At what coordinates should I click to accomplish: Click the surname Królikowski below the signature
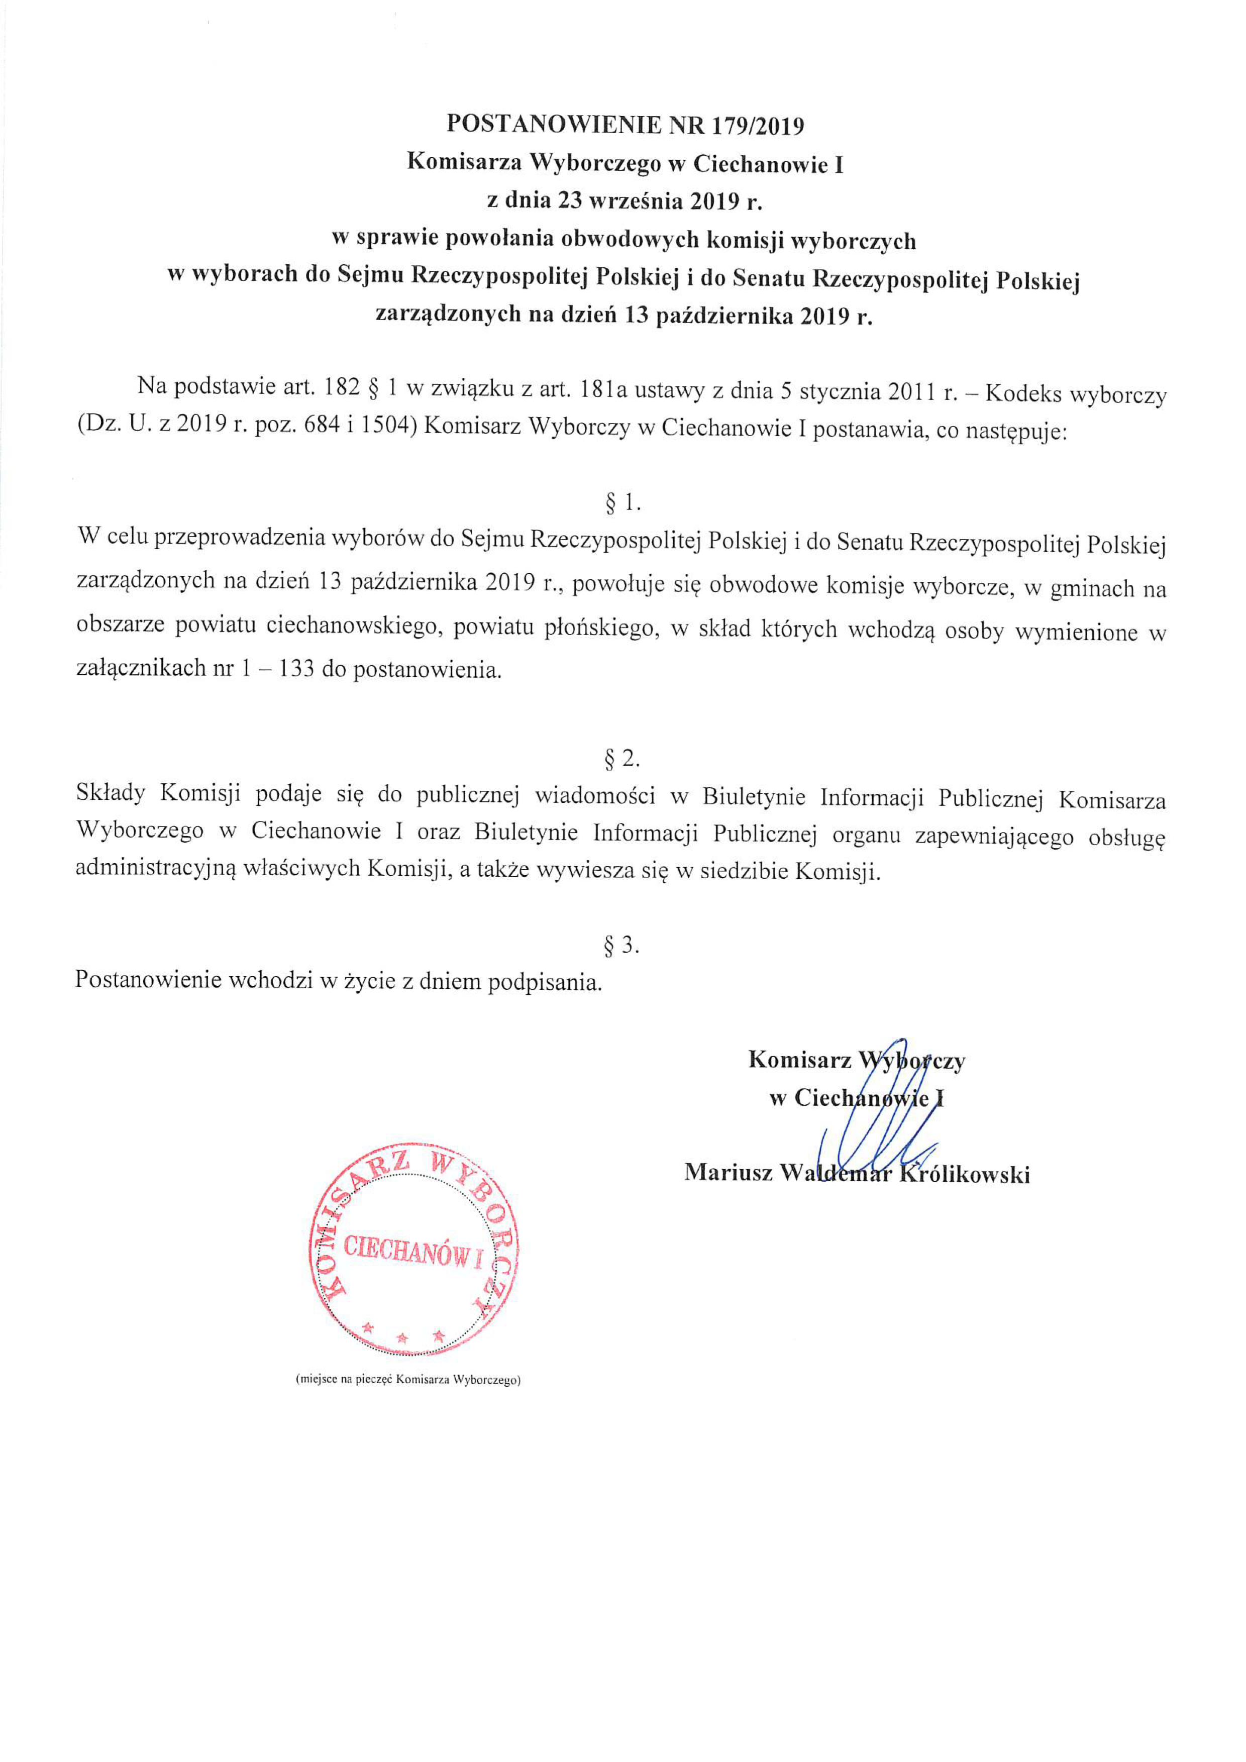click(965, 1174)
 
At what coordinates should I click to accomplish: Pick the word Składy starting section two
click(111, 794)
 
